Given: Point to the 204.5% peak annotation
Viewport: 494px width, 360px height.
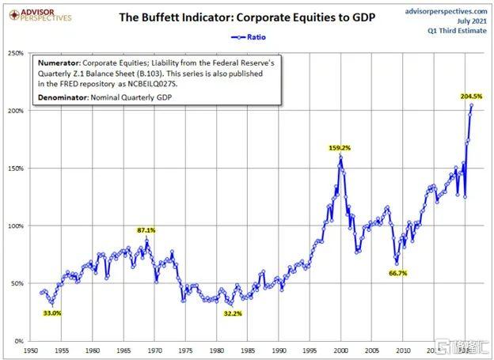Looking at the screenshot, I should tap(470, 97).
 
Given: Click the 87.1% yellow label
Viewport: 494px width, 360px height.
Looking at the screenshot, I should tap(146, 229).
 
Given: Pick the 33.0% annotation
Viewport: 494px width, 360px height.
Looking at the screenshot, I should tap(51, 313).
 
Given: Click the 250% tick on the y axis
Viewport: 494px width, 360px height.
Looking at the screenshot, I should tap(16, 54).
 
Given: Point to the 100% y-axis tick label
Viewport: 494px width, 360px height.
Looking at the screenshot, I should tap(16, 226).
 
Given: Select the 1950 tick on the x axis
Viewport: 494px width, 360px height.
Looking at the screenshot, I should tap(31, 349).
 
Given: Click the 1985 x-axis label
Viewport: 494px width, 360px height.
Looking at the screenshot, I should tap(248, 349).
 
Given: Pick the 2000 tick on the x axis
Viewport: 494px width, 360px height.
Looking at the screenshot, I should tap(340, 349).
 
